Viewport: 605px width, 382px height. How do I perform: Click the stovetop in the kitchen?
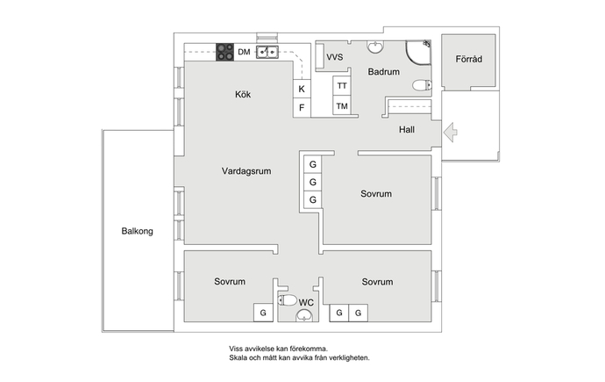224,52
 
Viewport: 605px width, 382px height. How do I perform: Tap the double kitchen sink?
267,52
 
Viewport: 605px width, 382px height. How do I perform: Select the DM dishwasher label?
244,52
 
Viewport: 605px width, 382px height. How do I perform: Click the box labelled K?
302,89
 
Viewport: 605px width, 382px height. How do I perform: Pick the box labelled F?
302,107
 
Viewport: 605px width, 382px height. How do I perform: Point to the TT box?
342,86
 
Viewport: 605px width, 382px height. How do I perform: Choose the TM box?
342,105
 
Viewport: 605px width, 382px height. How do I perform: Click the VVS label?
335,57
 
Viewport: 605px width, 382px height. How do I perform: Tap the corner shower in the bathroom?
418,52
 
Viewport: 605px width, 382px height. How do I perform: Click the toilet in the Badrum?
422,85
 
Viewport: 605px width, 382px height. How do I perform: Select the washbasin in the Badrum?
374,47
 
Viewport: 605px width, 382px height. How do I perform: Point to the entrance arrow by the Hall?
451,132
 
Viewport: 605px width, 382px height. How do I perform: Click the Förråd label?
469,59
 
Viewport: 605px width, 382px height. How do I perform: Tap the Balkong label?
138,231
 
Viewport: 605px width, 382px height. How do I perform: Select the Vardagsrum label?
246,170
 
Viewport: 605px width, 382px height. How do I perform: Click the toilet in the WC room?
287,299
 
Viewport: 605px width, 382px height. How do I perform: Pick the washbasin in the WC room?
304,315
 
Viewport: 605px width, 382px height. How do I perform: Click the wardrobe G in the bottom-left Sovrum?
263,313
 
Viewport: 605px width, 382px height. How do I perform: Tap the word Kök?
243,94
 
